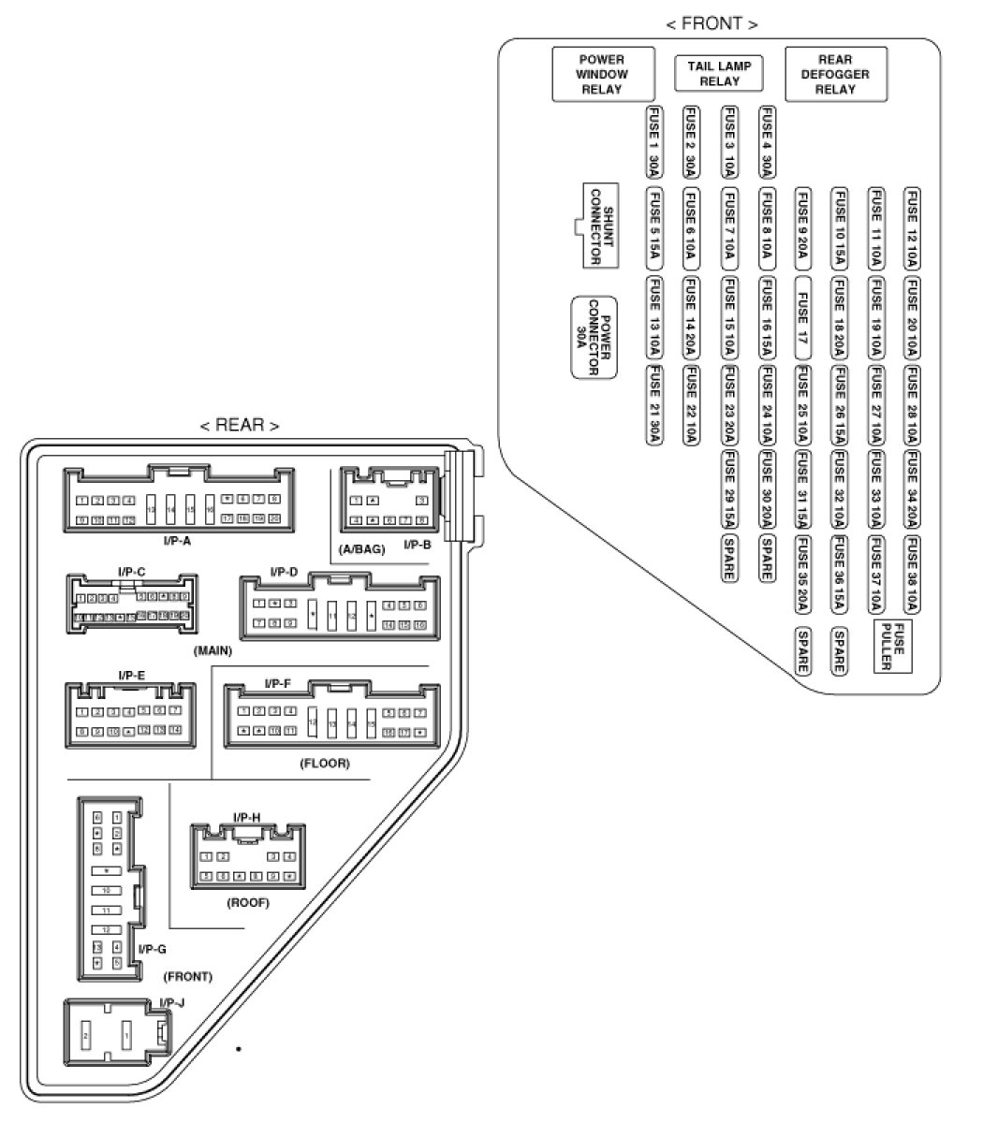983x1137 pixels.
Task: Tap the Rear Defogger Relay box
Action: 835,74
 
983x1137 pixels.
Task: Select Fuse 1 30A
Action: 654,141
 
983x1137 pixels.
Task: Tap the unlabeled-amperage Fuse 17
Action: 803,317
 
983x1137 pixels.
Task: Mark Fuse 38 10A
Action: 912,576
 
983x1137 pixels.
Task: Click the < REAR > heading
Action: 239,425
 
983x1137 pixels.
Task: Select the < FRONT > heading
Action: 712,23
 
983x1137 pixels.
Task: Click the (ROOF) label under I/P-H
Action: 248,903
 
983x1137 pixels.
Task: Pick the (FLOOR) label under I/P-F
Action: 325,764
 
